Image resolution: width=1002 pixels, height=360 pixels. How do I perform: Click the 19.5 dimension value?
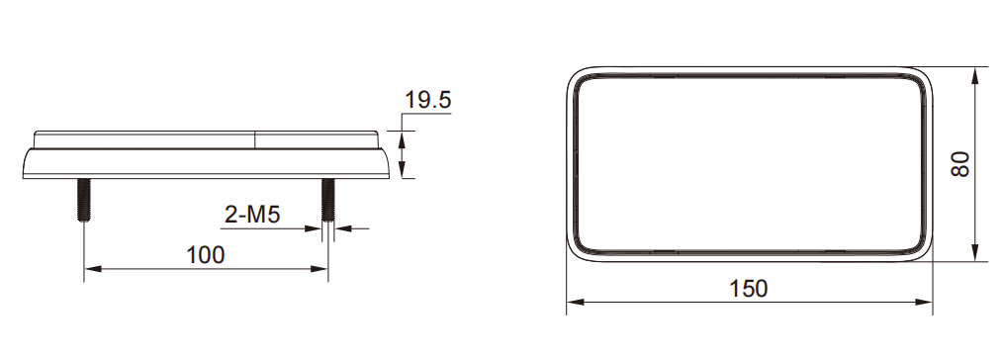click(428, 101)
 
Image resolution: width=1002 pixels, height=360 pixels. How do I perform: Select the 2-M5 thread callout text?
click(252, 215)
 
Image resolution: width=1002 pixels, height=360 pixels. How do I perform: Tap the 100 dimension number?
click(206, 255)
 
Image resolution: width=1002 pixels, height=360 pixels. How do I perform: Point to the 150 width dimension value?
click(749, 289)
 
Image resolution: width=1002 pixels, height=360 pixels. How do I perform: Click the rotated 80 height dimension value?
click(960, 164)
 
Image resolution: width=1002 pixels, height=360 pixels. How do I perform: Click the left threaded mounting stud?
click(84, 200)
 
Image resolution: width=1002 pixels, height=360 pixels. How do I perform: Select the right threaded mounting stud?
click(327, 200)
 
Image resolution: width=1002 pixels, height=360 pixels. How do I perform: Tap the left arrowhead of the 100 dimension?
click(93, 269)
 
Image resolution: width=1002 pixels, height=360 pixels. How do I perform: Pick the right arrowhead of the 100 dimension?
click(319, 269)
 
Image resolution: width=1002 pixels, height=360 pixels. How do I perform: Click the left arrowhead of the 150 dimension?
click(576, 302)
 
